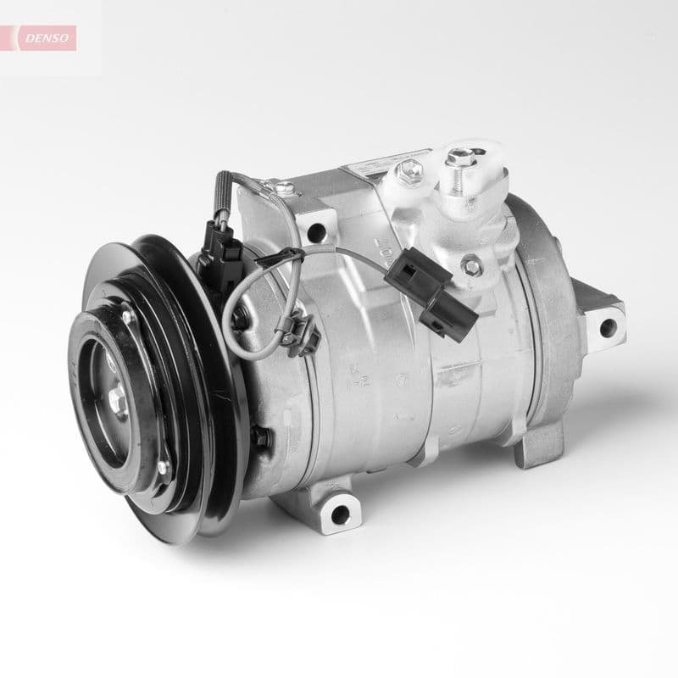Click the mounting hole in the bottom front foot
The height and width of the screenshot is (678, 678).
click(338, 513)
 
